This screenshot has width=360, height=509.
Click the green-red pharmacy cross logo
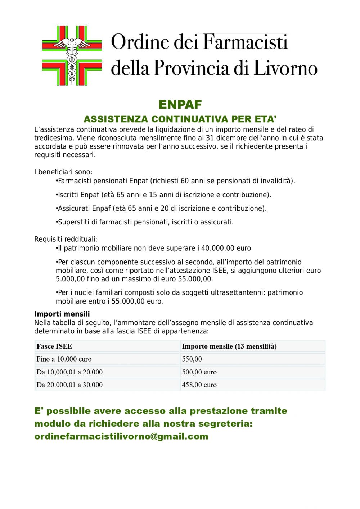tap(72, 55)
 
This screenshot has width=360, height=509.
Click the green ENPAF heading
tap(180, 105)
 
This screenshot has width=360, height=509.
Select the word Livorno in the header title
tap(285, 68)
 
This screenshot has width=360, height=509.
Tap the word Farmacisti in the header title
tap(246, 42)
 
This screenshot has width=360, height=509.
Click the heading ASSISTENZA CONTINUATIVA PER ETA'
tap(180, 119)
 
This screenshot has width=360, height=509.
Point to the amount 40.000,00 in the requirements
tap(218, 248)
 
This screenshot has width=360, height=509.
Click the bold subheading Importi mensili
tap(62, 314)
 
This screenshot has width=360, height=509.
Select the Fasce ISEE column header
tap(54, 346)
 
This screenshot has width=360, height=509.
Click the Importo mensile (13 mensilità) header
tap(229, 346)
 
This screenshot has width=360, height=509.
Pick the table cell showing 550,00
tap(192, 359)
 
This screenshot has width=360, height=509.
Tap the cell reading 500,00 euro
tap(199, 372)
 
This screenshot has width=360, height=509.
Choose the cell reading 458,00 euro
tap(199, 385)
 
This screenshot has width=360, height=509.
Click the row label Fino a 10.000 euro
tap(64, 359)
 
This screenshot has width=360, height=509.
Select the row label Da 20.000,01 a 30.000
tap(69, 385)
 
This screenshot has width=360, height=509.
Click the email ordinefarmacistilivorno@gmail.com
tap(121, 436)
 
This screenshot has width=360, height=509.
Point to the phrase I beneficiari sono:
tap(63, 172)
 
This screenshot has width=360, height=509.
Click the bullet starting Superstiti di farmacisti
tap(145, 222)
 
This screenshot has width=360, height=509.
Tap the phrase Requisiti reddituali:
tap(66, 239)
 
